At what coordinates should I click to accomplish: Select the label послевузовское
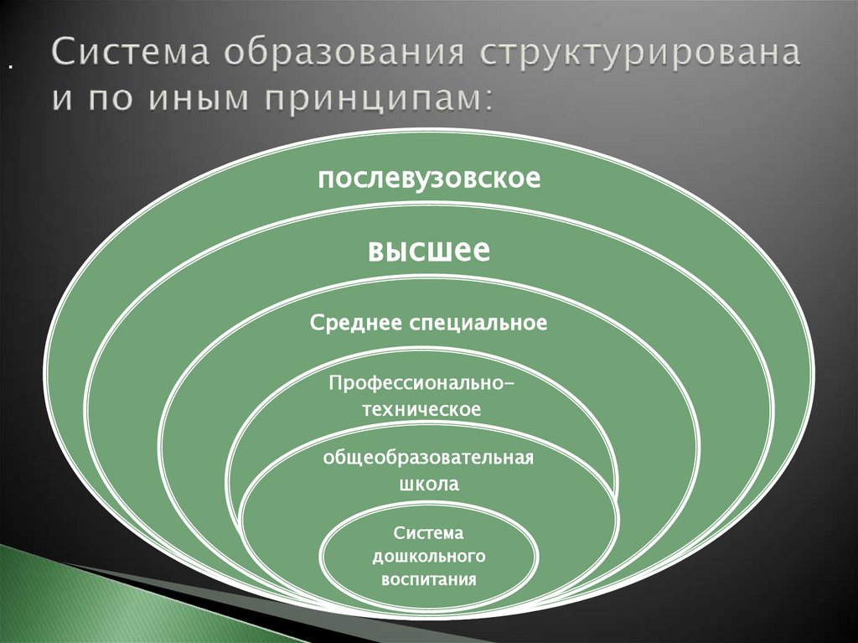pos(428,178)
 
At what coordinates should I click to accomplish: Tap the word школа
pos(428,484)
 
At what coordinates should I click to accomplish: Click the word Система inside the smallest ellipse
pos(428,533)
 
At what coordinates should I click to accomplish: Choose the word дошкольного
pos(428,556)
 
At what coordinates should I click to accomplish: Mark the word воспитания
pos(428,578)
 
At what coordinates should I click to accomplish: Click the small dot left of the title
pos(10,66)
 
